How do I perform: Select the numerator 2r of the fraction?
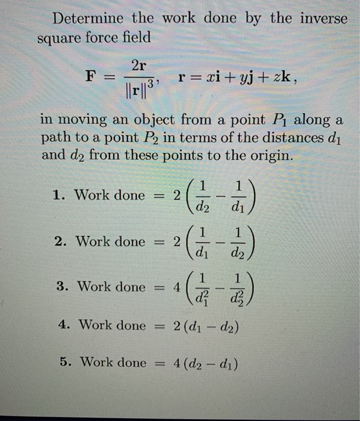pyautogui.click(x=137, y=66)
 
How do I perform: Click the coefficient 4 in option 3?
pyautogui.click(x=176, y=287)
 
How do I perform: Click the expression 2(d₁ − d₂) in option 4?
pyautogui.click(x=209, y=325)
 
